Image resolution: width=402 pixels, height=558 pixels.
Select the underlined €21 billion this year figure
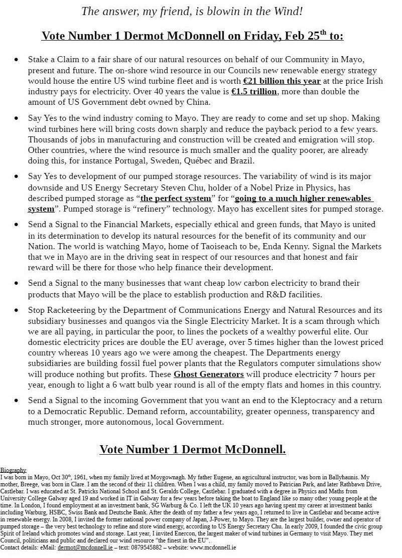point(282,81)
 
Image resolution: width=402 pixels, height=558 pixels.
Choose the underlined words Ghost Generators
point(209,374)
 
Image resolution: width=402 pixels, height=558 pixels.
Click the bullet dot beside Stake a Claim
point(17,60)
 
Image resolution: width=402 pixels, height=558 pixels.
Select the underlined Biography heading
point(13,470)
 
